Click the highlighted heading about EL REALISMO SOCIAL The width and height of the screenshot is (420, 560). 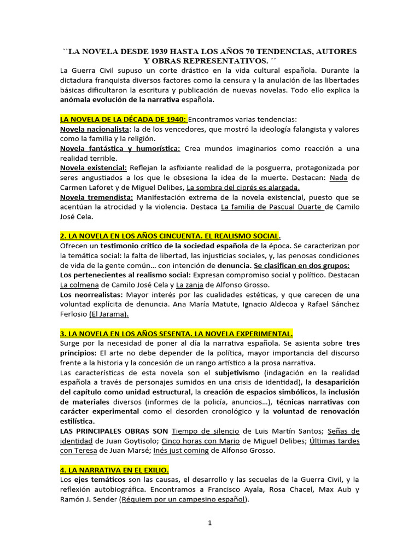(x=169, y=236)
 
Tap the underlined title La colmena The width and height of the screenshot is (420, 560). (x=79, y=285)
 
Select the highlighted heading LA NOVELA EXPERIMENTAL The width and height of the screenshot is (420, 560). (x=177, y=334)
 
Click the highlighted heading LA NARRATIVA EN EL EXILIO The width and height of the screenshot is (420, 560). (x=114, y=470)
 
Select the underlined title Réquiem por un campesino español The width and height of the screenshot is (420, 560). (x=183, y=500)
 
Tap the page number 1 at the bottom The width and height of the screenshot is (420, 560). (x=209, y=523)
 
